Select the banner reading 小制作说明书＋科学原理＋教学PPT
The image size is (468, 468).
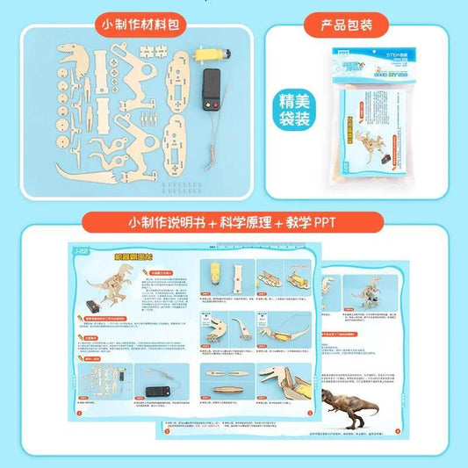(x=233, y=223)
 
